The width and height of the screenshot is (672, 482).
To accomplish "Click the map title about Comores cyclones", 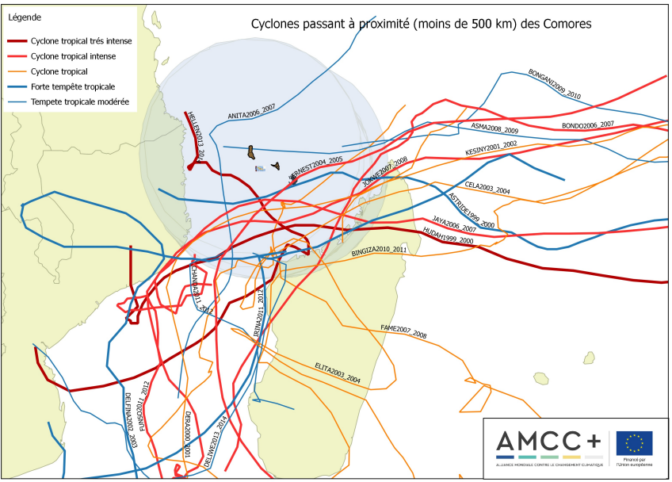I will [421, 25].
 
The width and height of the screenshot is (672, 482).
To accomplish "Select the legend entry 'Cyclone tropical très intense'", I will [81, 41].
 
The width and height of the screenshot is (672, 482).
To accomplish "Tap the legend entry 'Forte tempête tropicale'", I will [73, 86].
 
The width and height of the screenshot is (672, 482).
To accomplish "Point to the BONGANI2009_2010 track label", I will [554, 84].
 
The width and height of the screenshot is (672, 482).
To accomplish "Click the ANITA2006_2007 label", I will [251, 111].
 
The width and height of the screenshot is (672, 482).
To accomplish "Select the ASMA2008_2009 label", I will [494, 128].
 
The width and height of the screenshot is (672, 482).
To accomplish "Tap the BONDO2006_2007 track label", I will [587, 125].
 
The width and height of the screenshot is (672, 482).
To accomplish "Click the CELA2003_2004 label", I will [487, 188].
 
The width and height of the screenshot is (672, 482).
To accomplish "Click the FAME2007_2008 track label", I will [403, 331].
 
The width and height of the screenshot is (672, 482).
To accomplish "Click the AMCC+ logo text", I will [548, 441].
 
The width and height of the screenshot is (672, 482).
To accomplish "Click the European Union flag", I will [634, 443].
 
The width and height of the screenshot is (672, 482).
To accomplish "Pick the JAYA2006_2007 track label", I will [454, 224].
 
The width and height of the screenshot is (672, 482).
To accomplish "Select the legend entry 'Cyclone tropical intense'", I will [73, 56].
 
